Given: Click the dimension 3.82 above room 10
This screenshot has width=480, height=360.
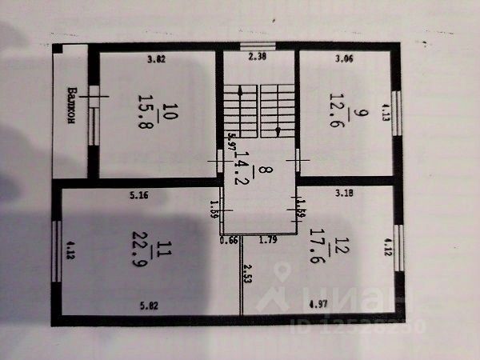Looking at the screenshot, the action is point(156,58).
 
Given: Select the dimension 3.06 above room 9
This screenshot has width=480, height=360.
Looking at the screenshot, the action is point(344,58).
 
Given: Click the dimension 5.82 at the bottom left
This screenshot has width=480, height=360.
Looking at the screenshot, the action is point(150,305).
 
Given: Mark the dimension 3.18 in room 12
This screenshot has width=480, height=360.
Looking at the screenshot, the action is point(345,193).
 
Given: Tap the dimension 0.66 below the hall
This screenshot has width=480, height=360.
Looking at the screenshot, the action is point(230,238).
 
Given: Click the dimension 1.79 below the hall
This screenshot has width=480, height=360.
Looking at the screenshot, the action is point(268,238).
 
